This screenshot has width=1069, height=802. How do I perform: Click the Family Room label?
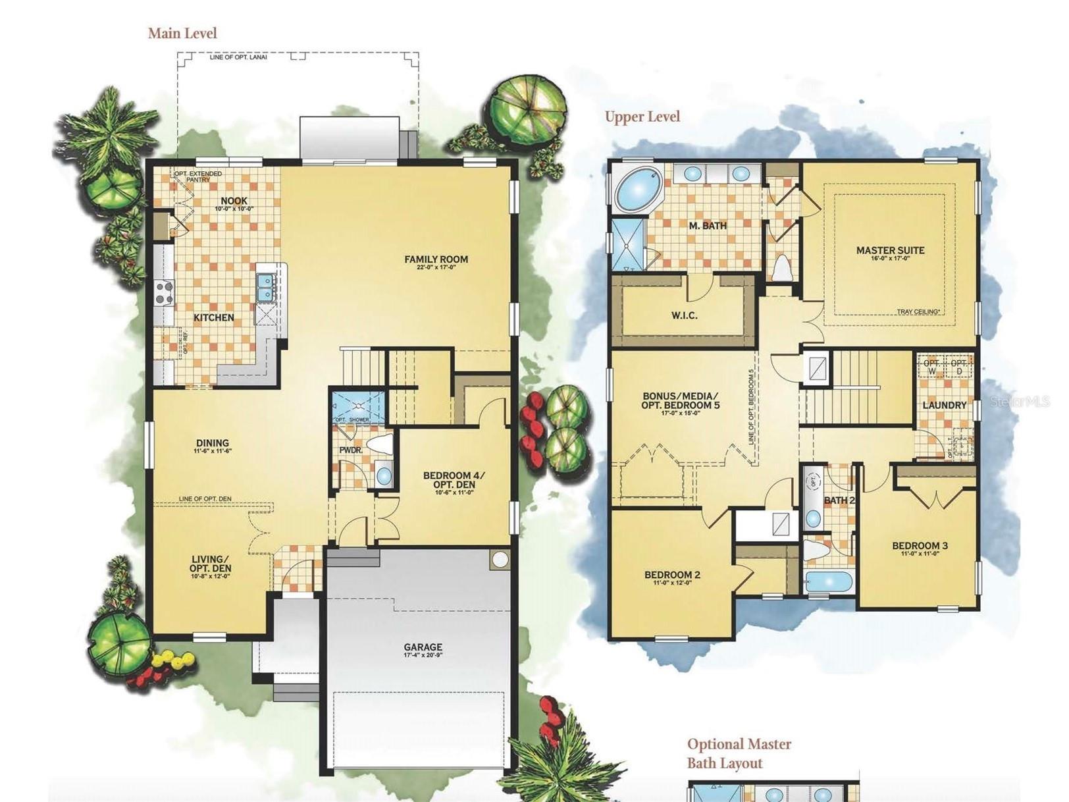(436, 260)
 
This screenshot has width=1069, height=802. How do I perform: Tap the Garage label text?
(423, 647)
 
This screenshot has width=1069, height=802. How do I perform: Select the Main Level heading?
(182, 34)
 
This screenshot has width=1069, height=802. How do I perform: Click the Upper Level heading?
(642, 117)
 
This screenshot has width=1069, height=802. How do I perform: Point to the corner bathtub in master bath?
(638, 188)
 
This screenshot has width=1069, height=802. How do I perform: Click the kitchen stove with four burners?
(164, 292)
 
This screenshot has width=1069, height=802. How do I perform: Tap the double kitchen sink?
(265, 287)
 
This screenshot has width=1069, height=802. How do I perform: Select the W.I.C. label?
(684, 315)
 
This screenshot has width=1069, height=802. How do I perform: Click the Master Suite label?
(890, 251)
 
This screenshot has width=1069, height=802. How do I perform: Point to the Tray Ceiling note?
(918, 312)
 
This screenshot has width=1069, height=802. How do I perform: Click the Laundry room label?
(944, 405)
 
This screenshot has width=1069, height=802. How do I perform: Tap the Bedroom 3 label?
(920, 546)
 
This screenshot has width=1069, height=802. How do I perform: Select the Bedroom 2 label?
(672, 575)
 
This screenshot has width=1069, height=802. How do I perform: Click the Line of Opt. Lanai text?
(238, 57)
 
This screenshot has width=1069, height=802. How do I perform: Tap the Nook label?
(234, 201)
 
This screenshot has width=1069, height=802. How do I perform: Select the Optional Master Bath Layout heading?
(739, 753)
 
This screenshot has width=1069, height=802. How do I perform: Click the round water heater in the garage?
(500, 560)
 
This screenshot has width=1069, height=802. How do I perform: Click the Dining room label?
(212, 444)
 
